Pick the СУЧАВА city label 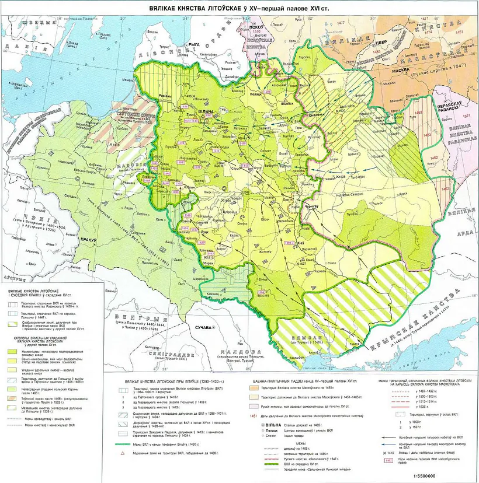coord(203,327)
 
